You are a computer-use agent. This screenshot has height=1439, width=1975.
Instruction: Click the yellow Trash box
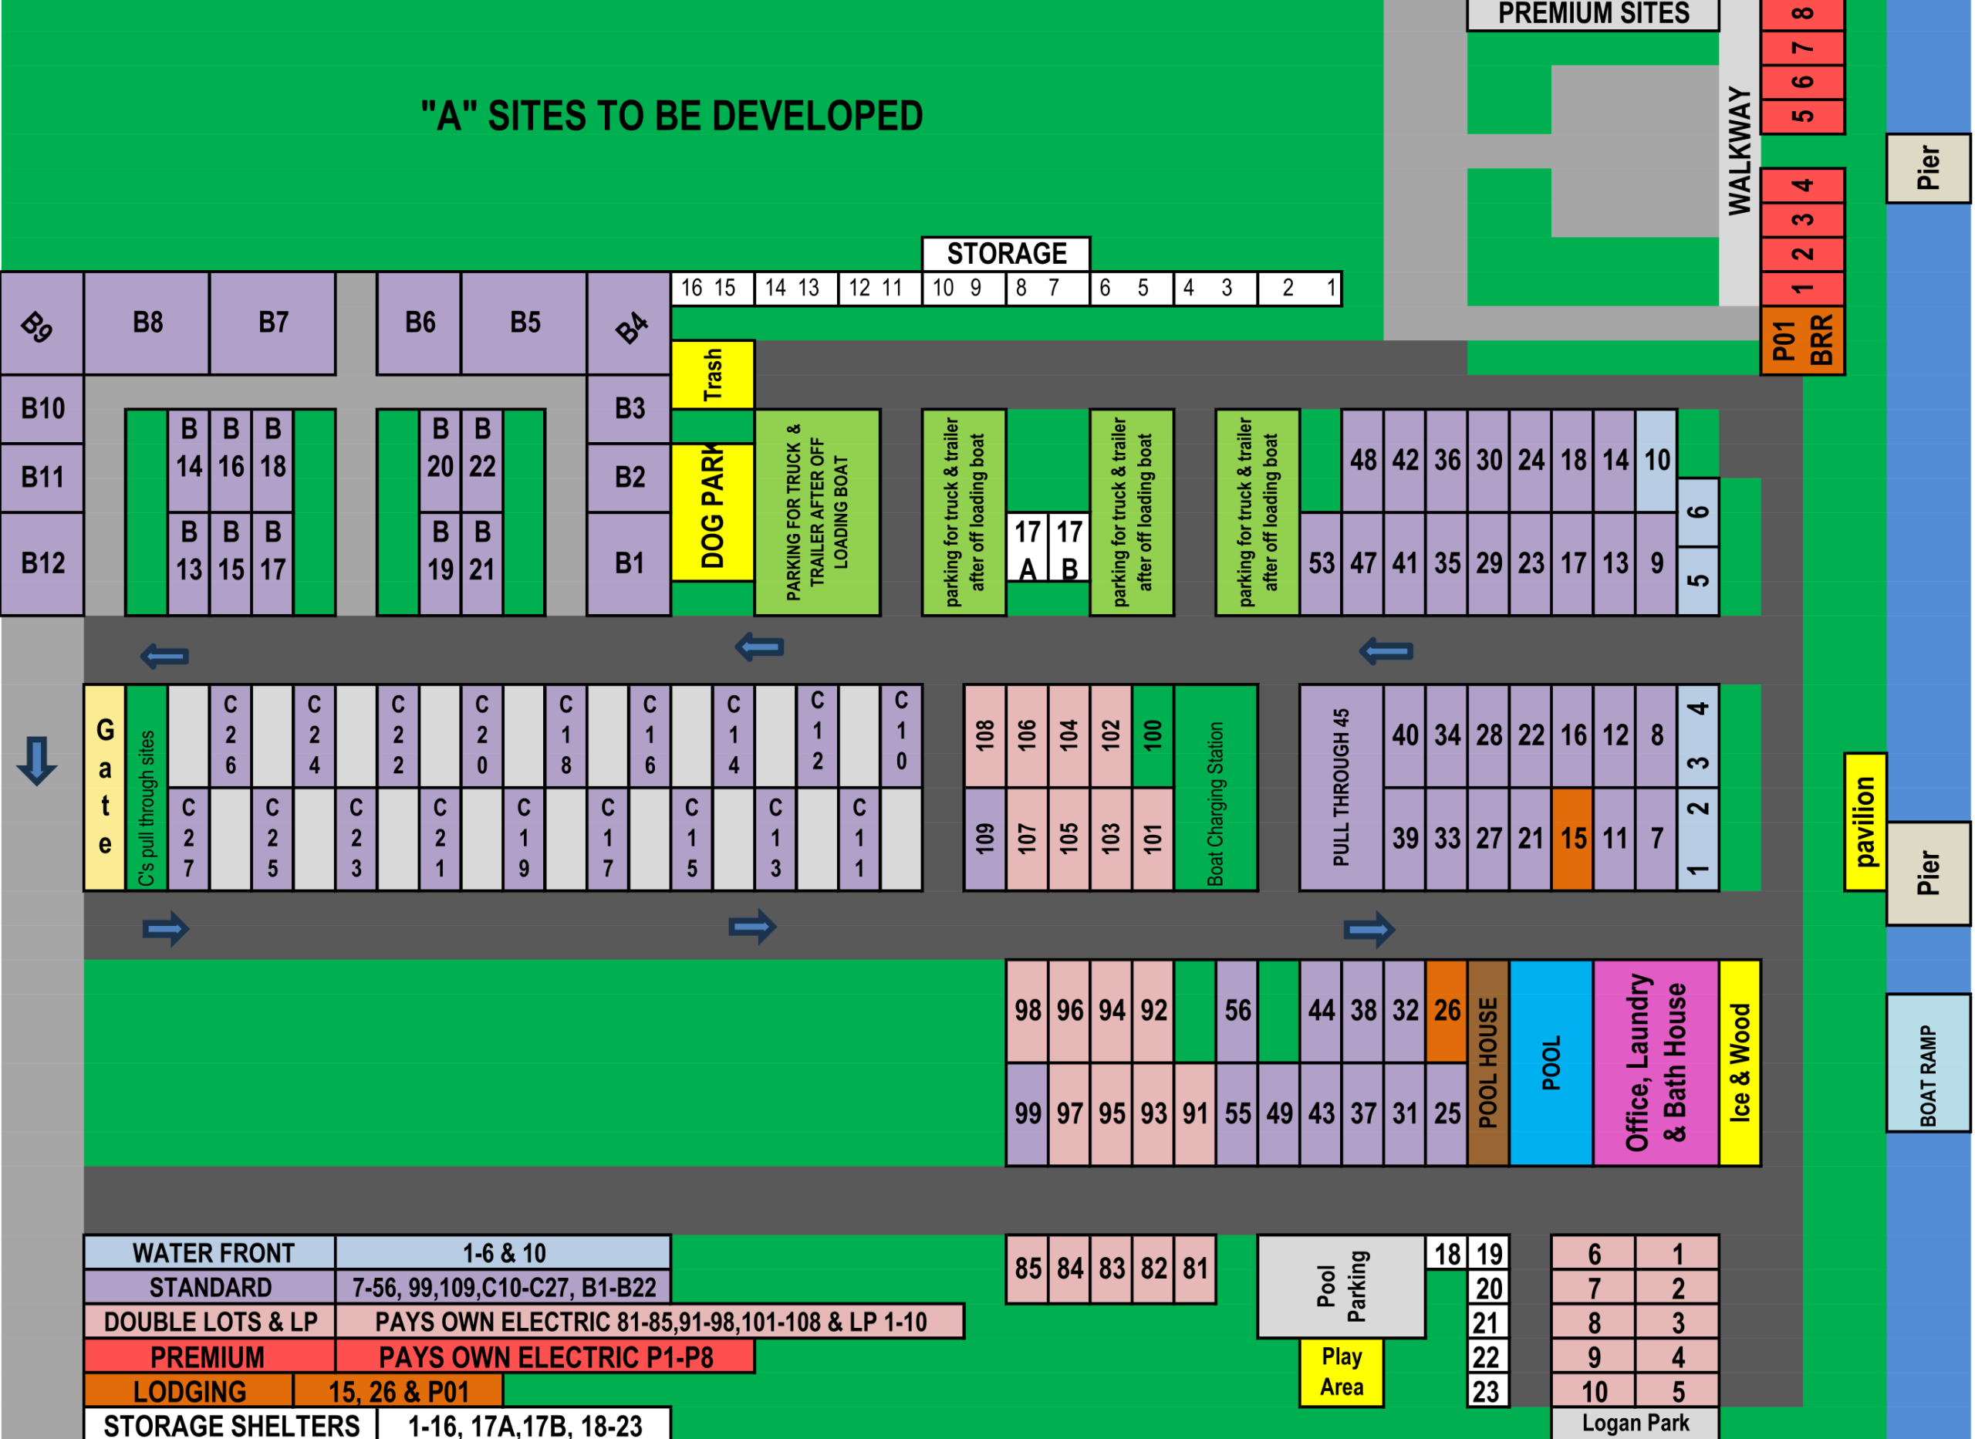(x=712, y=374)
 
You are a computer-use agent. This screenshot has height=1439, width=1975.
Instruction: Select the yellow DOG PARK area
(x=712, y=512)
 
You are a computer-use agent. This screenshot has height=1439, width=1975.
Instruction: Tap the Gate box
(x=104, y=788)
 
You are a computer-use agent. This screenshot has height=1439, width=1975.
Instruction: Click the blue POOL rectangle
(x=1551, y=1062)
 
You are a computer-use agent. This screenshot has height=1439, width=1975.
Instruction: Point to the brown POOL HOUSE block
(x=1488, y=1062)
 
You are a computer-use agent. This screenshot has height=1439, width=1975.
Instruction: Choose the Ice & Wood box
(x=1740, y=1062)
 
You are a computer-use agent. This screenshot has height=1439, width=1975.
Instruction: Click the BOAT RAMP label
(x=1928, y=1062)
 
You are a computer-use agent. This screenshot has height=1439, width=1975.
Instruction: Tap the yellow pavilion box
(x=1865, y=823)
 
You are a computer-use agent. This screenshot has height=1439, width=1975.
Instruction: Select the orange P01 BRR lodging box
(x=1801, y=340)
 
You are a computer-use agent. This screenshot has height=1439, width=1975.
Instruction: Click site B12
(x=42, y=563)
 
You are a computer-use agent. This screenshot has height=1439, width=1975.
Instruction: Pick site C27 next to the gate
(x=188, y=839)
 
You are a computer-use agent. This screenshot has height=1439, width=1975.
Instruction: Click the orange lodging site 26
(x=1447, y=1011)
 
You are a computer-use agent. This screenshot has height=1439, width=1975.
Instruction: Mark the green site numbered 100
(x=1153, y=736)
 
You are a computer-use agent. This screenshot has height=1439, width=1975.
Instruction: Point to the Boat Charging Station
(x=1216, y=788)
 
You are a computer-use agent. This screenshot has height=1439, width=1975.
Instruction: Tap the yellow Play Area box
(x=1342, y=1372)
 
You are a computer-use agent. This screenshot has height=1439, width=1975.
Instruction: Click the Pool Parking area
(x=1342, y=1285)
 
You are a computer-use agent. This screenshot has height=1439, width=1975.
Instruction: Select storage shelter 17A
(x=1028, y=548)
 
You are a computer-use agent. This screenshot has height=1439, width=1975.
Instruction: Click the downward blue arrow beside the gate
(x=36, y=761)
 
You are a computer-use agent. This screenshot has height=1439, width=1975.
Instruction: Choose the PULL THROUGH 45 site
(x=1341, y=788)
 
